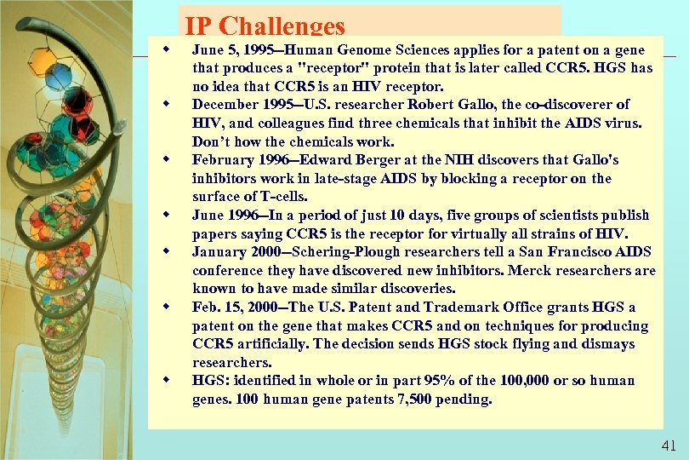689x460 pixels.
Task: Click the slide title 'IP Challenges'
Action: [x=265, y=27]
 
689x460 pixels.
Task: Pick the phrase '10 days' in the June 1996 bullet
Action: [x=393, y=216]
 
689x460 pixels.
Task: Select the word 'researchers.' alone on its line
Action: [x=231, y=363]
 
